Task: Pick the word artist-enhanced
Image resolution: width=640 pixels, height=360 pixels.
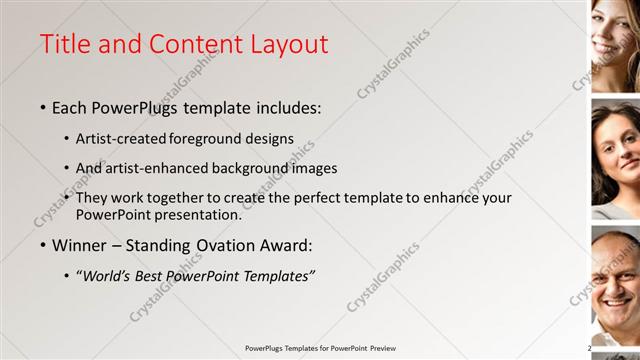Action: tap(150, 169)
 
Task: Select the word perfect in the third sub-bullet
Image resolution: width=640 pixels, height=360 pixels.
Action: tap(312, 199)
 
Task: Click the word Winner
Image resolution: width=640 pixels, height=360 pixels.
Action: tap(78, 245)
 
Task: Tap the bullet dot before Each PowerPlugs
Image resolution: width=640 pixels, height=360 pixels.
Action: tap(43, 108)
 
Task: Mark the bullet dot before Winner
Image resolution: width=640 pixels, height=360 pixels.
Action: tap(43, 246)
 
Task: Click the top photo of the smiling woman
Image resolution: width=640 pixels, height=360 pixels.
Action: tap(615, 45)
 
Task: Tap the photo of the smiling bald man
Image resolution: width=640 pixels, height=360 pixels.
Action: tap(615, 285)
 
